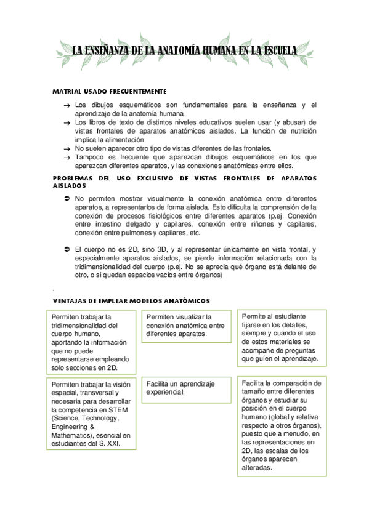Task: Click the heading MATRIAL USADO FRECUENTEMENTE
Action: pyautogui.click(x=110, y=91)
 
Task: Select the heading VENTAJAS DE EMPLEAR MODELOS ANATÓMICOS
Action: pyautogui.click(x=132, y=300)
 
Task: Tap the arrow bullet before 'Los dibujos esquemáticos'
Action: pyautogui.click(x=67, y=106)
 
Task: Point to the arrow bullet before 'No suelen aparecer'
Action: pyautogui.click(x=67, y=148)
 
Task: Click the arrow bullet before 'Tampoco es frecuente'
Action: pyautogui.click(x=67, y=157)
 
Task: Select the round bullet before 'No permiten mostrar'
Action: pyautogui.click(x=67, y=198)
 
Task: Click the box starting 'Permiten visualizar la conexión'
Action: pyautogui.click(x=186, y=325)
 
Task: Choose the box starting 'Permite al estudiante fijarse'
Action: pyautogui.click(x=282, y=337)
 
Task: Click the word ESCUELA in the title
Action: pyautogui.click(x=273, y=50)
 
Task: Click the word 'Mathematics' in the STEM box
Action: pyautogui.click(x=73, y=434)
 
